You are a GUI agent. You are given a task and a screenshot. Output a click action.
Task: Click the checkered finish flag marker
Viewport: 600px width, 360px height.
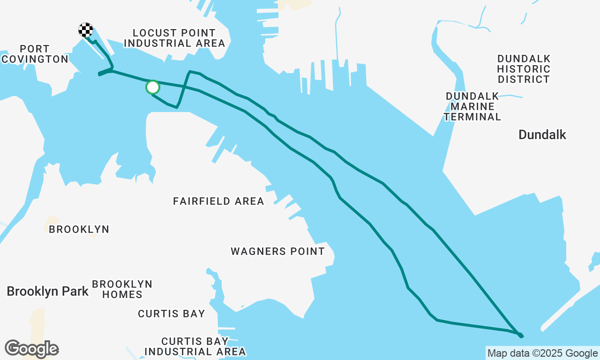85,30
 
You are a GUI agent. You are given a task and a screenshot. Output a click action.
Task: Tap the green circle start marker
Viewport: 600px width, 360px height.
153,87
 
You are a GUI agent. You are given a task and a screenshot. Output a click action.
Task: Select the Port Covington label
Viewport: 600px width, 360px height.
35,54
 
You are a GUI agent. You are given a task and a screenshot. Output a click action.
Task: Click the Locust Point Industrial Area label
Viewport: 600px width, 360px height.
174,38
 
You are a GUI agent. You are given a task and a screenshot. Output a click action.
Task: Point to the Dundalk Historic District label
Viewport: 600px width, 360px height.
524,69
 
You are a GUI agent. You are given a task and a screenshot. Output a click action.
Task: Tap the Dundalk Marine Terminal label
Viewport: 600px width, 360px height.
472,106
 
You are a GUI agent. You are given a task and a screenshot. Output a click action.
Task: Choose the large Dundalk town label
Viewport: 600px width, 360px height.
542,135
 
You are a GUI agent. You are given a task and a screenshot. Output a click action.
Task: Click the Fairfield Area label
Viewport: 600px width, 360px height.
218,201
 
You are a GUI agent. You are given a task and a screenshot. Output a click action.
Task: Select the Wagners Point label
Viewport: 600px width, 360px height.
277,251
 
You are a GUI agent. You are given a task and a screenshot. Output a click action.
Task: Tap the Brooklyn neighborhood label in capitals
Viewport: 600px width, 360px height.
79,229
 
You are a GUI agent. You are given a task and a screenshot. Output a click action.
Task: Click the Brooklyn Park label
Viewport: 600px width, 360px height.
47,291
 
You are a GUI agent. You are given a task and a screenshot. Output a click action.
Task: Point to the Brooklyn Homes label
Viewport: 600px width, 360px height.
122,289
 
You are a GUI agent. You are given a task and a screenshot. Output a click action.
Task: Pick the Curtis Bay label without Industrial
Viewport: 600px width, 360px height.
171,314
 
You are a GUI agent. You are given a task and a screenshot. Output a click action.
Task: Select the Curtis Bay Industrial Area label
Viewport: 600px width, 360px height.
195,346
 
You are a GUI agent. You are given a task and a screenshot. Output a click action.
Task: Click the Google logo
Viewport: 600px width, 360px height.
31,349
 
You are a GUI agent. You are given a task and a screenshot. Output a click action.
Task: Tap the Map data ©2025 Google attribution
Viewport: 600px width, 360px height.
542,353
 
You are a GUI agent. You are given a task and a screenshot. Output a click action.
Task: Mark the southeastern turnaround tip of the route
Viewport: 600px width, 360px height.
521,336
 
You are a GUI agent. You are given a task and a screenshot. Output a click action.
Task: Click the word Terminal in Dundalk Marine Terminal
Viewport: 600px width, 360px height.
472,117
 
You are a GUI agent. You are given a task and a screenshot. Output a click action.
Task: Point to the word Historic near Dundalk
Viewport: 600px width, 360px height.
524,69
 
